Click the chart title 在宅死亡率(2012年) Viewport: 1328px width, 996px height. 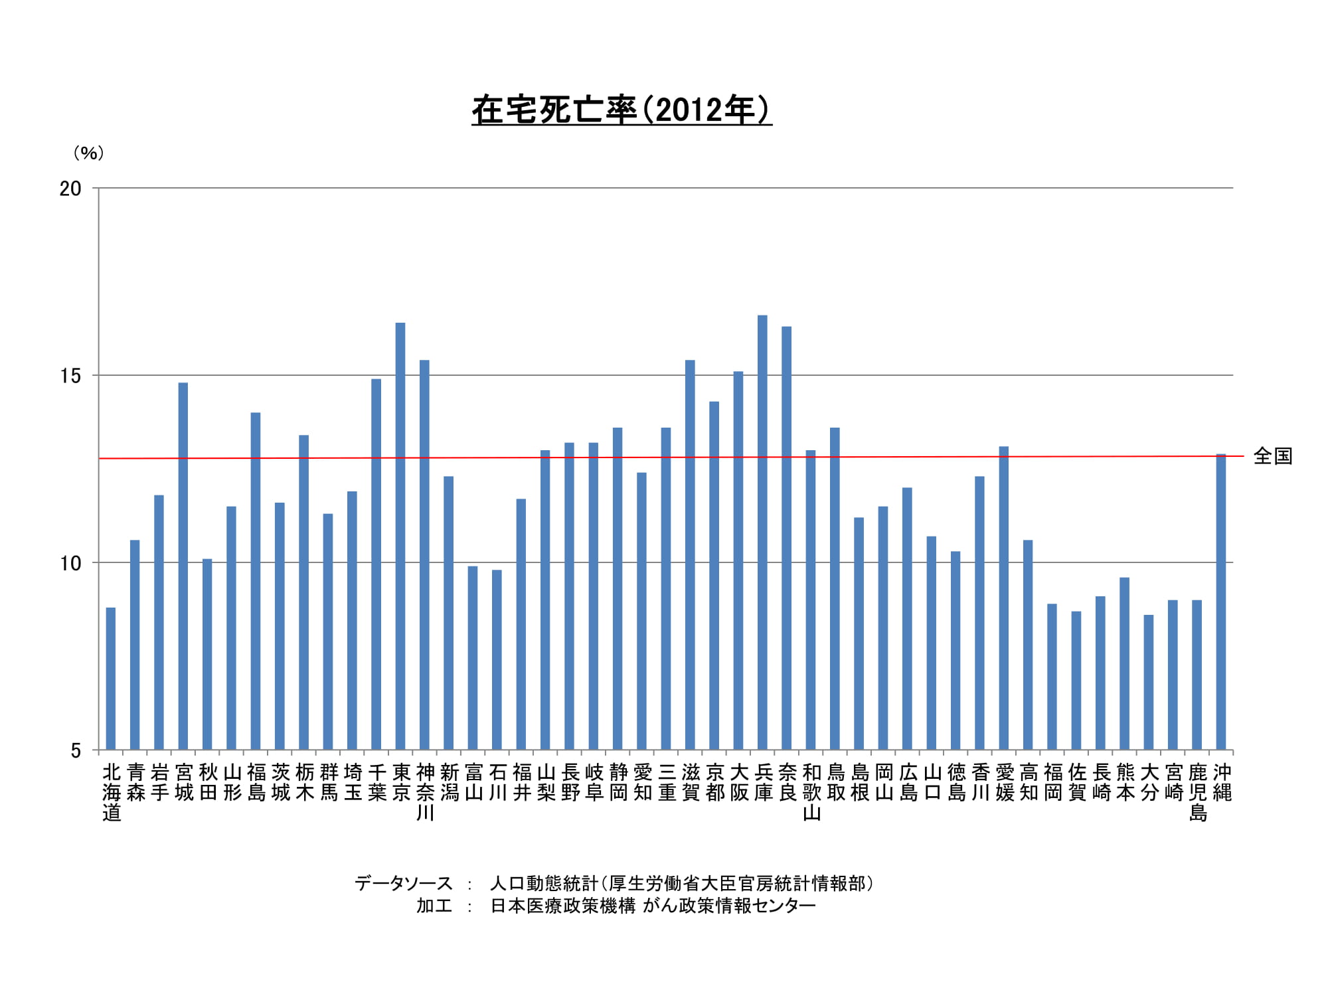[x=622, y=110]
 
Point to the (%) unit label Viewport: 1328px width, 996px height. [x=88, y=153]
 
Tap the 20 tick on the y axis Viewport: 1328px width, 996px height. [x=70, y=189]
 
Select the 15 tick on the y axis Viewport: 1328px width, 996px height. [x=70, y=376]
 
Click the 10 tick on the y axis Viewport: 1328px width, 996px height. [x=70, y=563]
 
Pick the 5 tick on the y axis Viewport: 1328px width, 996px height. [x=76, y=750]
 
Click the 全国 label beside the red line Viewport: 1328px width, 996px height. [x=1272, y=456]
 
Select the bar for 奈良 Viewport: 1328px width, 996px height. [x=786, y=539]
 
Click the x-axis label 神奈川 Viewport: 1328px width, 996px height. [x=425, y=792]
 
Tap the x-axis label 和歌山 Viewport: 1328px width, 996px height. [x=811, y=792]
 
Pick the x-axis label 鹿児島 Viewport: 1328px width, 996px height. [x=1197, y=792]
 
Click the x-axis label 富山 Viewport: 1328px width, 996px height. [x=473, y=782]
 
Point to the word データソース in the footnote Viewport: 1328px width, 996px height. [x=403, y=884]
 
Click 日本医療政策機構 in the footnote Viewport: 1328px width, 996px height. [x=562, y=906]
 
